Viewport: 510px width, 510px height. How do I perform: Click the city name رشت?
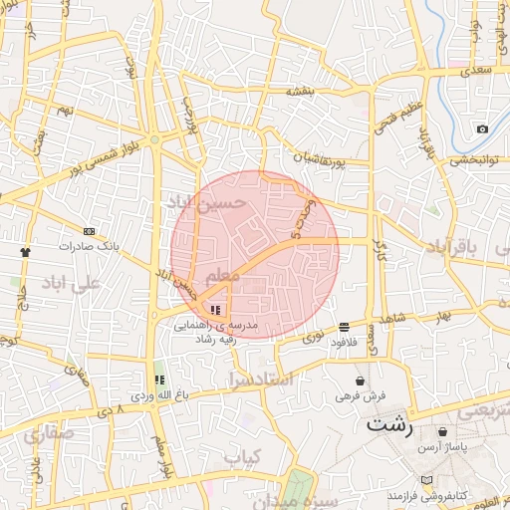pyautogui.click(x=388, y=423)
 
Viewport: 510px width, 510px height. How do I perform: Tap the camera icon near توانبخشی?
pyautogui.click(x=482, y=128)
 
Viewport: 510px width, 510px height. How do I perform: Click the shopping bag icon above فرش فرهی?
pyautogui.click(x=360, y=381)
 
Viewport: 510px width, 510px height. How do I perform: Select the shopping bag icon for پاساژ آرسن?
pyautogui.click(x=442, y=431)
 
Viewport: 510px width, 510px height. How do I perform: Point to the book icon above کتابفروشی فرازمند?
pyautogui.click(x=427, y=480)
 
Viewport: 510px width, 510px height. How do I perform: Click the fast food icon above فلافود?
pyautogui.click(x=344, y=326)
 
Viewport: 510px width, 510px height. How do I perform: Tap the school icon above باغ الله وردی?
pyautogui.click(x=158, y=380)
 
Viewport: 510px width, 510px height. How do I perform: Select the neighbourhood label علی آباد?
pyautogui.click(x=73, y=283)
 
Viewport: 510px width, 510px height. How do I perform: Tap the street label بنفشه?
pyautogui.click(x=301, y=92)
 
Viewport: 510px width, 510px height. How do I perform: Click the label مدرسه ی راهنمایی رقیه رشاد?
pyautogui.click(x=216, y=332)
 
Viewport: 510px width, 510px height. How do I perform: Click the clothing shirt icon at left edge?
pyautogui.click(x=26, y=252)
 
